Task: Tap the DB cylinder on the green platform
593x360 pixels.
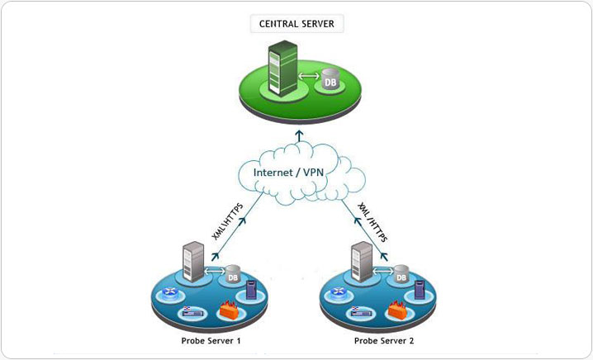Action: click(x=330, y=81)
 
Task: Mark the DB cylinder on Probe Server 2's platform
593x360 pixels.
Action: click(x=401, y=276)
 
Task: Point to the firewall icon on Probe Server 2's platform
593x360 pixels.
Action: click(x=395, y=311)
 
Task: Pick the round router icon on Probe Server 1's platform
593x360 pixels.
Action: click(x=170, y=291)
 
